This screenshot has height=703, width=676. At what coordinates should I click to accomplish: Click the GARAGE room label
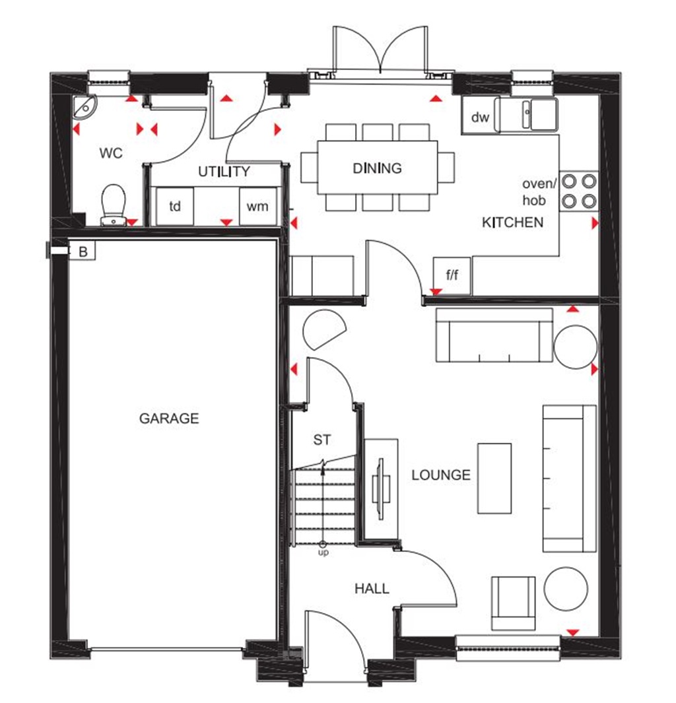(x=169, y=418)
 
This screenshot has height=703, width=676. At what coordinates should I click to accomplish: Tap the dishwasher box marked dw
(x=480, y=117)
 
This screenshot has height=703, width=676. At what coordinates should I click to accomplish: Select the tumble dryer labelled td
(x=174, y=207)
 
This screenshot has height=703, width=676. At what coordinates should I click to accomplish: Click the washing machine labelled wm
(x=257, y=207)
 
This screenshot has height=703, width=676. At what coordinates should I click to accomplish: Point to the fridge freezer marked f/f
(x=452, y=275)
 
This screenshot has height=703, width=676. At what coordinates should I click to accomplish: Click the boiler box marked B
(x=83, y=251)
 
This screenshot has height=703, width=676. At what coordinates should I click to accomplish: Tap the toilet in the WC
(x=114, y=204)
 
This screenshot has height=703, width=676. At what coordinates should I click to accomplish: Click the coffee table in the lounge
(x=494, y=479)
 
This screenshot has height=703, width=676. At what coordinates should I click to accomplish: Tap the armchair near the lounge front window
(x=513, y=602)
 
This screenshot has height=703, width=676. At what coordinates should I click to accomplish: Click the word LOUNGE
(x=441, y=475)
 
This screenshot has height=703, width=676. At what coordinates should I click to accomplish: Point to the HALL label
(x=372, y=588)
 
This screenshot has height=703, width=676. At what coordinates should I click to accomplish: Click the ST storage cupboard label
(x=321, y=440)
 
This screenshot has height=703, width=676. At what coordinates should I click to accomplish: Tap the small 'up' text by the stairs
(x=323, y=552)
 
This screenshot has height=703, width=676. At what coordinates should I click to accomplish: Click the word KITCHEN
(x=512, y=222)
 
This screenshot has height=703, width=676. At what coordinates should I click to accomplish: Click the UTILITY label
(x=224, y=172)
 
